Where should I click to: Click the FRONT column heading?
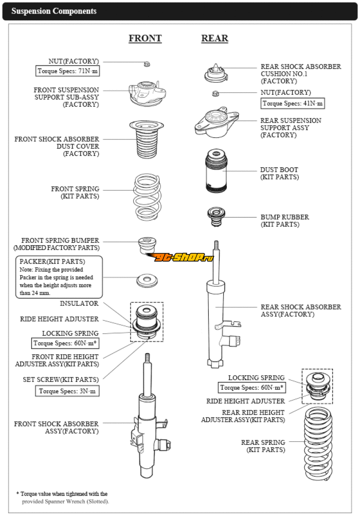[x=145, y=38]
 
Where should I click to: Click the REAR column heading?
[x=214, y=38]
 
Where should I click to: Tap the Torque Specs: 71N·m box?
[x=67, y=71]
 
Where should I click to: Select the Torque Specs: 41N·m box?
[x=292, y=103]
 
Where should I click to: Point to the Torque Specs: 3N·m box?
[x=67, y=391]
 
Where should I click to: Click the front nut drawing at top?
[x=147, y=64]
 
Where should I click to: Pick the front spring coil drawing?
[x=148, y=197]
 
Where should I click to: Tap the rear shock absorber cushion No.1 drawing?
[x=216, y=74]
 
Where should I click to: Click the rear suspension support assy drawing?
[x=215, y=123]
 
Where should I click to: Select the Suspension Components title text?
[x=54, y=11]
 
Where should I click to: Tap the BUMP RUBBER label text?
[x=285, y=217]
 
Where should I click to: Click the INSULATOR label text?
[x=79, y=304]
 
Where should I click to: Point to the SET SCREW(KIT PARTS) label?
[x=61, y=380]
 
